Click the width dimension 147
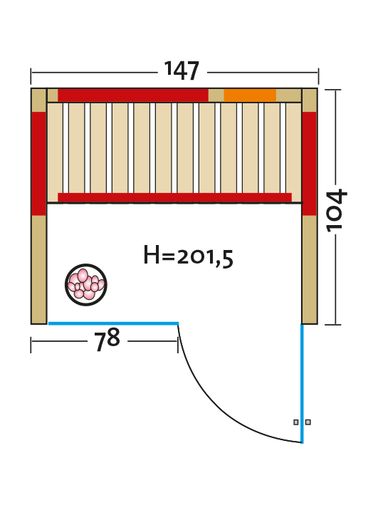182,71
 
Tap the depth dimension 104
337,210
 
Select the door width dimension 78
107,340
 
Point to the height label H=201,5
189,256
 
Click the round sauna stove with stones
86,285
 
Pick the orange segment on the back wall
250,95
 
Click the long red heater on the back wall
133,95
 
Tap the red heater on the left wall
39,164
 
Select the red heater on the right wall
310,164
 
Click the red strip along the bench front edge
174,197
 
